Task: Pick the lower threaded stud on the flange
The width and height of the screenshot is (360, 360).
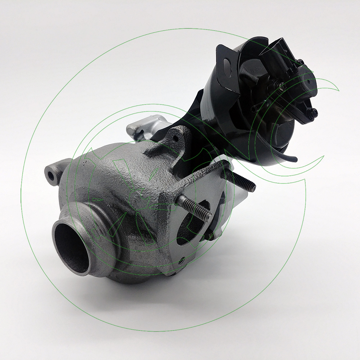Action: coord(194,208)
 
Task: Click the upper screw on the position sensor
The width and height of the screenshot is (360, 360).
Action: coord(300,62)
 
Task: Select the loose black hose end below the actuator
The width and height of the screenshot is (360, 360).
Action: coord(293,158)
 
